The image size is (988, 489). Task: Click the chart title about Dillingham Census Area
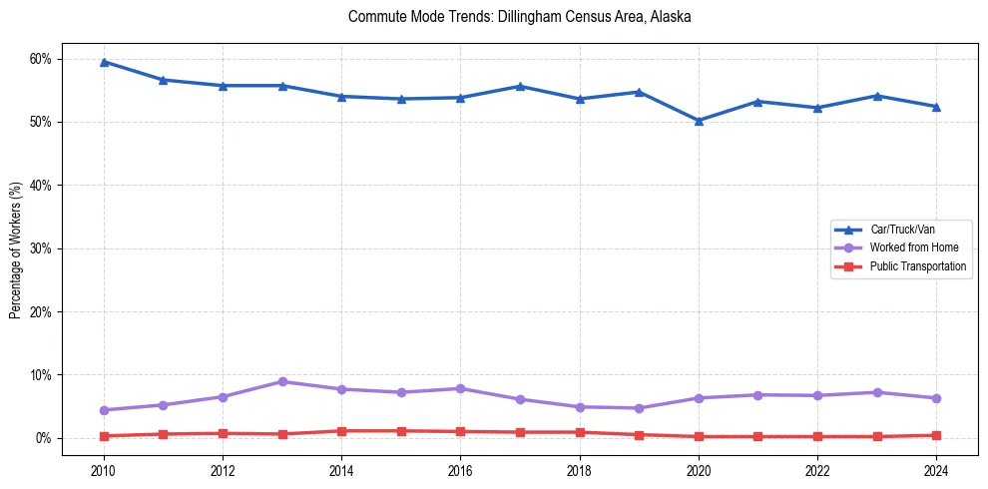[x=519, y=17]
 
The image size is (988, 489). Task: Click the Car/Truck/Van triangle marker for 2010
[x=104, y=62]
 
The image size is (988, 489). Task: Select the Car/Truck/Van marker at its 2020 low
[x=699, y=121]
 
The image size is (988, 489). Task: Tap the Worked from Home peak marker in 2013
[x=282, y=381]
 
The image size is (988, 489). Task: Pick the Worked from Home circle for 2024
[x=936, y=398]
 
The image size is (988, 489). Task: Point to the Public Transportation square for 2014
[x=341, y=431]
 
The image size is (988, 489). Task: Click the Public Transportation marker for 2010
[x=104, y=436]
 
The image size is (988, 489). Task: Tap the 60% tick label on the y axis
[x=40, y=59]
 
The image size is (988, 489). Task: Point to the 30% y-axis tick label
[x=40, y=248]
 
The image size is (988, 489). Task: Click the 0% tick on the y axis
[x=43, y=438]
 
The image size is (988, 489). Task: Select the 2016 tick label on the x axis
[x=460, y=468]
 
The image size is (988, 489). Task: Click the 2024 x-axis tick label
[x=936, y=468]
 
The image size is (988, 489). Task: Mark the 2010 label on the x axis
[x=104, y=468]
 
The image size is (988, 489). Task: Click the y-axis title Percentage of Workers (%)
[x=16, y=249]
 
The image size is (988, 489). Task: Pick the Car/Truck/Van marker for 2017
[x=520, y=86]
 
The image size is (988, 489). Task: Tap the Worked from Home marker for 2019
[x=639, y=408]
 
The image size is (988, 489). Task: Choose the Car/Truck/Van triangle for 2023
[x=876, y=96]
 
